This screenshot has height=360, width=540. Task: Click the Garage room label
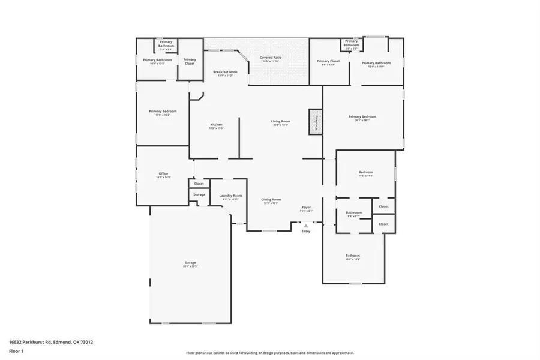click(x=190, y=263)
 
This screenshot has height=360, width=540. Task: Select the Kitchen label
click(x=216, y=125)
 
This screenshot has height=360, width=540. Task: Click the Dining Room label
click(x=272, y=200)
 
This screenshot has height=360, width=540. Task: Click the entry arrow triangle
click(x=306, y=226)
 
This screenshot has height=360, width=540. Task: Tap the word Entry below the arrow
click(x=306, y=232)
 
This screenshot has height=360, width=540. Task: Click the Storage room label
click(x=199, y=194)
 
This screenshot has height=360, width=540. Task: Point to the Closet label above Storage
click(x=199, y=184)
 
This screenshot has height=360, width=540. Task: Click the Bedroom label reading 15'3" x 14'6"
click(x=352, y=256)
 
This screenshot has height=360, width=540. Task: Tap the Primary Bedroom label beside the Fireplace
click(x=362, y=118)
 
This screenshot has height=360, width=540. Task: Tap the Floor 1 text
click(x=16, y=350)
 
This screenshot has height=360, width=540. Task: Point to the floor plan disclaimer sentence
click(x=270, y=353)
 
